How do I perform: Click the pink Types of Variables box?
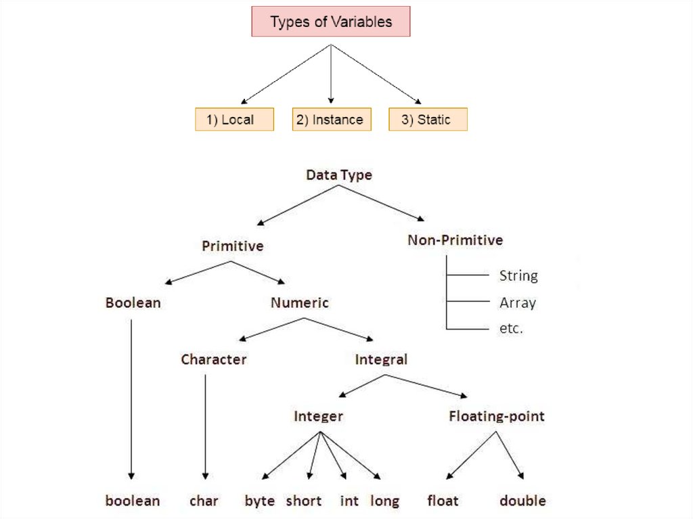point(331,22)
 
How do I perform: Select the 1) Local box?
point(234,120)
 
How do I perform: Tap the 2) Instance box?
point(331,120)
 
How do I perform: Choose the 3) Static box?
point(428,120)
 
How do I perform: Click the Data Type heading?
point(339,175)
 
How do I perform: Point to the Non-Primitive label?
point(455,240)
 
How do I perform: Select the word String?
point(518,275)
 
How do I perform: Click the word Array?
point(517,302)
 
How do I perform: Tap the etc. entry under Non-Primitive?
point(511,330)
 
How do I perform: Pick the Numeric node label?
point(299,302)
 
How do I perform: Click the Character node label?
point(213,359)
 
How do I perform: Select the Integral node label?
point(381,359)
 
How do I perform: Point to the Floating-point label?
point(496,416)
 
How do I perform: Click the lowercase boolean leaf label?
point(133,501)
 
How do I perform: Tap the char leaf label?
point(204,501)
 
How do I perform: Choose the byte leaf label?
point(260,501)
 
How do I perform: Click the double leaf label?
point(522,501)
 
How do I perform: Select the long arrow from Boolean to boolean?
point(131,399)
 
